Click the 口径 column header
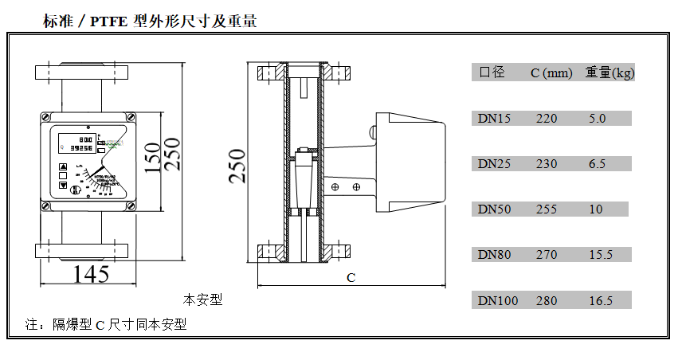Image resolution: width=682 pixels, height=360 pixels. pyautogui.click(x=492, y=72)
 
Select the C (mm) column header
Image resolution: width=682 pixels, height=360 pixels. pyautogui.click(x=551, y=73)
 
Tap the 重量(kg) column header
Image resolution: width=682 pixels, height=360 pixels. pyautogui.click(x=609, y=72)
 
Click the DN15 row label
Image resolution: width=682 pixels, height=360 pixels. pyautogui.click(x=495, y=119)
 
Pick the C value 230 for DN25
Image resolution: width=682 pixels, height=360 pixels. pyautogui.click(x=547, y=164)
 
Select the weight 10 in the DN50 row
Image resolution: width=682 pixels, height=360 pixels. pyautogui.click(x=596, y=209)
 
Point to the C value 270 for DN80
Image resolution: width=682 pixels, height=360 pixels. pyautogui.click(x=547, y=255)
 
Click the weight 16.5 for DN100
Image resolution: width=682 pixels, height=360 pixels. pyautogui.click(x=600, y=301)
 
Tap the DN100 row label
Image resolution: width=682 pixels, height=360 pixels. pyautogui.click(x=498, y=301)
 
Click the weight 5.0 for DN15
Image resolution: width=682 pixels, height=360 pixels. pyautogui.click(x=597, y=119)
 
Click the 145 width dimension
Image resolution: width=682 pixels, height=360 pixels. pyautogui.click(x=92, y=275)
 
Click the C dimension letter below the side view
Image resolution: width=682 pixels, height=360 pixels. pyautogui.click(x=351, y=278)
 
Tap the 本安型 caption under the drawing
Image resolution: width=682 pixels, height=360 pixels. pyautogui.click(x=202, y=300)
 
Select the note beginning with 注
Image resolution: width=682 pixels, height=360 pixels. pyautogui.click(x=105, y=325)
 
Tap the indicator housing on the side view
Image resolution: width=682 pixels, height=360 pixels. pyautogui.click(x=410, y=159)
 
